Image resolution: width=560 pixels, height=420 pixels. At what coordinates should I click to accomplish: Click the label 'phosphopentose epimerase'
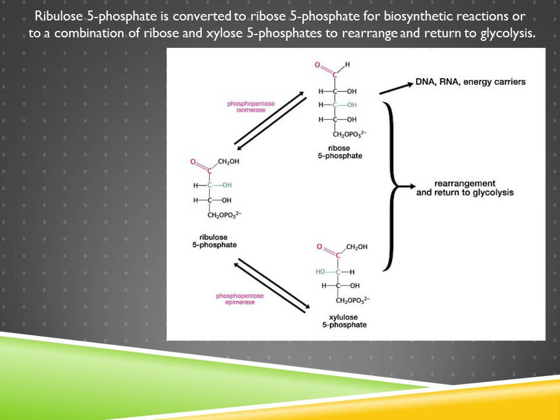click(240, 299)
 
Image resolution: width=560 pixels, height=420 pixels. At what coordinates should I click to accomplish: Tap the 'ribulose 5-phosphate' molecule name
click(214, 242)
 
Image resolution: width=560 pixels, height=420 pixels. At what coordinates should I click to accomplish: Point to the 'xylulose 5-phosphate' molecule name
click(344, 321)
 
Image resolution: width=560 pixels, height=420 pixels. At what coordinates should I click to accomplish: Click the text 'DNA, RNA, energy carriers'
click(470, 82)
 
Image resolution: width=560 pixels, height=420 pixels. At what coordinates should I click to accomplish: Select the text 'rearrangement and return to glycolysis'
click(465, 188)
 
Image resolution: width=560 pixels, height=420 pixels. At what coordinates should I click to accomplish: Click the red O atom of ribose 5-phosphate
click(318, 65)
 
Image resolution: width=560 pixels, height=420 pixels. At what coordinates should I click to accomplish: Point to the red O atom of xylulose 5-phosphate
click(319, 247)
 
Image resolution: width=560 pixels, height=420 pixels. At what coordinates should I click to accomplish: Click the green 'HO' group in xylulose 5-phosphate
click(320, 272)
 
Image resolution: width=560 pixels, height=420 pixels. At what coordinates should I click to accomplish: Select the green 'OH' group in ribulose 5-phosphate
click(226, 185)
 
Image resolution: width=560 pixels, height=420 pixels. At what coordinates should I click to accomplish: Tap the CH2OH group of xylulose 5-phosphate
click(356, 247)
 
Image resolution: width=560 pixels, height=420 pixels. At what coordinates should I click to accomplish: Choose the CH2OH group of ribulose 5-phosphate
click(228, 161)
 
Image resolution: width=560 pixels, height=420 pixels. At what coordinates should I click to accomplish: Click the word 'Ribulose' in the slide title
click(60, 16)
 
